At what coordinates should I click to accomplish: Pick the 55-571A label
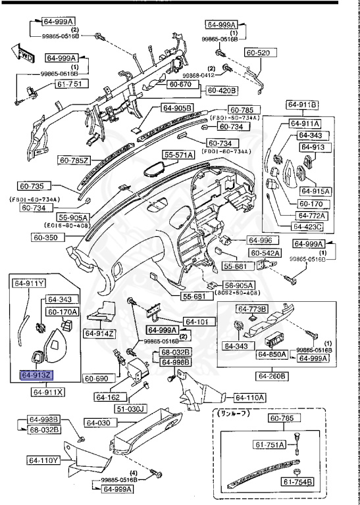179,155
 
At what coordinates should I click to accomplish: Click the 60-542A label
265,252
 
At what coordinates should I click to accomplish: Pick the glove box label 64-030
100,423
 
